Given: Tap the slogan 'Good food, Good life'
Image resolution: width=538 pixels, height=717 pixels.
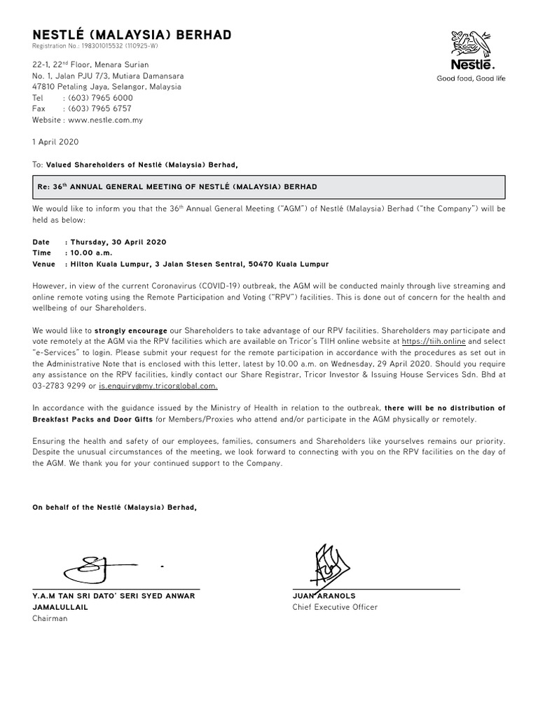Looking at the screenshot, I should pos(471,78).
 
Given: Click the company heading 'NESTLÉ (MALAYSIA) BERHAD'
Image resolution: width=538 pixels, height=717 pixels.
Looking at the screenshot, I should pos(132,35).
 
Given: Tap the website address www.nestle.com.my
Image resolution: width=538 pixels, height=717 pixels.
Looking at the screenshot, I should pos(106,120).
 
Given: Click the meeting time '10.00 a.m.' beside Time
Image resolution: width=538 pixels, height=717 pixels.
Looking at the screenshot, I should pos(89,253).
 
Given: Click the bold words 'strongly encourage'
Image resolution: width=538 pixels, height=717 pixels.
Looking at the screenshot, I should pos(131,329).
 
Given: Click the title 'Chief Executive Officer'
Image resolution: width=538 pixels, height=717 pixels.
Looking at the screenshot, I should pos(335,607).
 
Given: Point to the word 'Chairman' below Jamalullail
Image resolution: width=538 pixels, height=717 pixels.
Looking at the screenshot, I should pos(50,619).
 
